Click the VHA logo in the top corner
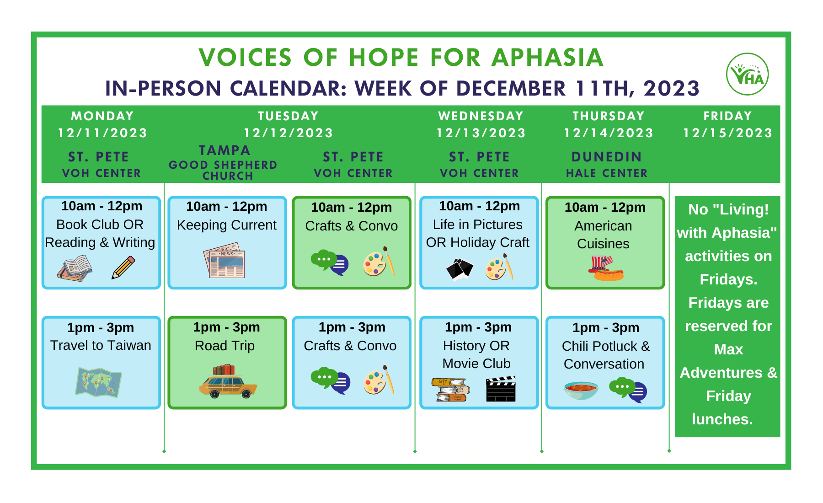748,74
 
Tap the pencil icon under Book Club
123,268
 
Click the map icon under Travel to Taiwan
99,382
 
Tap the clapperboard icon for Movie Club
501,389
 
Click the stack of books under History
451,390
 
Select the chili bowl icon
581,390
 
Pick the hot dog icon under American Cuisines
606,268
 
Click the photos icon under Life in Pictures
460,268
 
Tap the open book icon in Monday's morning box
75,268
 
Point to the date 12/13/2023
481,133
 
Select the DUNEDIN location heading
607,157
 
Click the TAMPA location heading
224,150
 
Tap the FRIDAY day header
727,116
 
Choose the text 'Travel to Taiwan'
101,345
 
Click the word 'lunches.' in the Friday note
722,419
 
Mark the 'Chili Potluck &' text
606,346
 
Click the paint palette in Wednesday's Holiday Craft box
499,267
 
